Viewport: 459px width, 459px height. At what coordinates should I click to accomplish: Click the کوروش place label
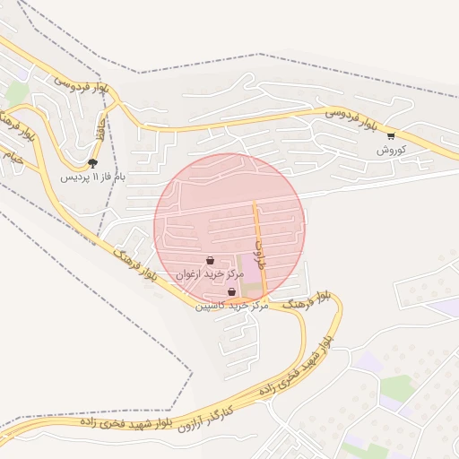[x=393, y=150]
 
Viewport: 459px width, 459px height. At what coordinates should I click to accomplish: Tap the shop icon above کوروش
[x=391, y=136]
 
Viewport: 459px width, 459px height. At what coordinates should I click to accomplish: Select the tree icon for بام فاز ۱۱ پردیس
[x=93, y=163]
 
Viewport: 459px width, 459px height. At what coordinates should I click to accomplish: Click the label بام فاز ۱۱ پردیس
[x=93, y=178]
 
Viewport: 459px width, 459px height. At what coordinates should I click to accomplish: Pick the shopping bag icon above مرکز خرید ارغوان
[x=209, y=261]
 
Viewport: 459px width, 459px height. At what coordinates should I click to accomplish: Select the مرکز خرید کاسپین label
[x=232, y=306]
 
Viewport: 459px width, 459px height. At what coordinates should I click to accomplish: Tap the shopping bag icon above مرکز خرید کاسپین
[x=231, y=292]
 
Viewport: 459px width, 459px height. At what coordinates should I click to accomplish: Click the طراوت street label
[x=260, y=238]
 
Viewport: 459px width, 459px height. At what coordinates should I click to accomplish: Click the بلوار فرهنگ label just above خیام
[x=22, y=126]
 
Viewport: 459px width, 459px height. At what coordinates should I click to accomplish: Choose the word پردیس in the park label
[x=72, y=178]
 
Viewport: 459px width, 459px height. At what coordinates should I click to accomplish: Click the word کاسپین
[x=212, y=306]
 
